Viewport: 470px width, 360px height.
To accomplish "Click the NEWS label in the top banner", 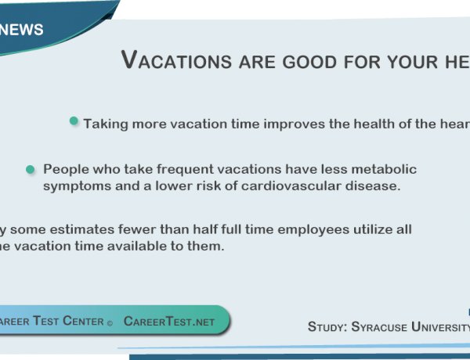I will click(22, 31).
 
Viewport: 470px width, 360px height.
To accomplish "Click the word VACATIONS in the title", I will click(176, 60).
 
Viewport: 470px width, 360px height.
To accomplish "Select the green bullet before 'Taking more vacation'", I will click(74, 121).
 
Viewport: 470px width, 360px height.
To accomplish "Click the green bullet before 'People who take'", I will click(31, 169).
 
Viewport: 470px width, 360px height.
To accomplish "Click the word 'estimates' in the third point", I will click(83, 229).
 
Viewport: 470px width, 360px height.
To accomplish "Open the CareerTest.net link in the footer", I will click(168, 322).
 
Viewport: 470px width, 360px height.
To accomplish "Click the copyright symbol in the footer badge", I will click(110, 322).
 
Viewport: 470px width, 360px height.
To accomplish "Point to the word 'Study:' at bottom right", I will click(327, 326).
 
